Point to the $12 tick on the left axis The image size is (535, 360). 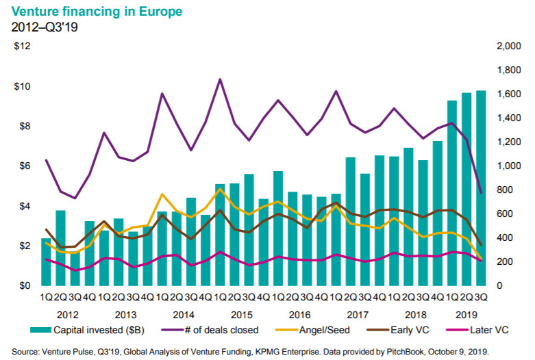point(23,47)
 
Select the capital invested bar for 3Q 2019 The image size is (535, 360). point(481,188)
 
